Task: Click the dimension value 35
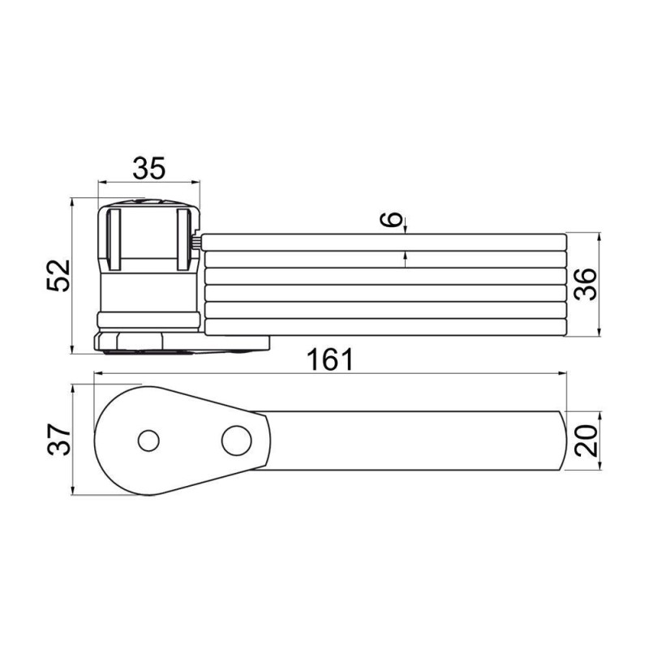pos(149,168)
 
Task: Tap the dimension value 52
pos(58,276)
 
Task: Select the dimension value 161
pos(330,359)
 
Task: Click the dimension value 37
pos(58,439)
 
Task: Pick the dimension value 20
pos(587,441)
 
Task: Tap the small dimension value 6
pos(391,219)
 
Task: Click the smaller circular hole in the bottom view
pos(148,441)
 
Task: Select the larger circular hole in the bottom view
pos(236,441)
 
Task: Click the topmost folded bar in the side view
pos(383,242)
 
